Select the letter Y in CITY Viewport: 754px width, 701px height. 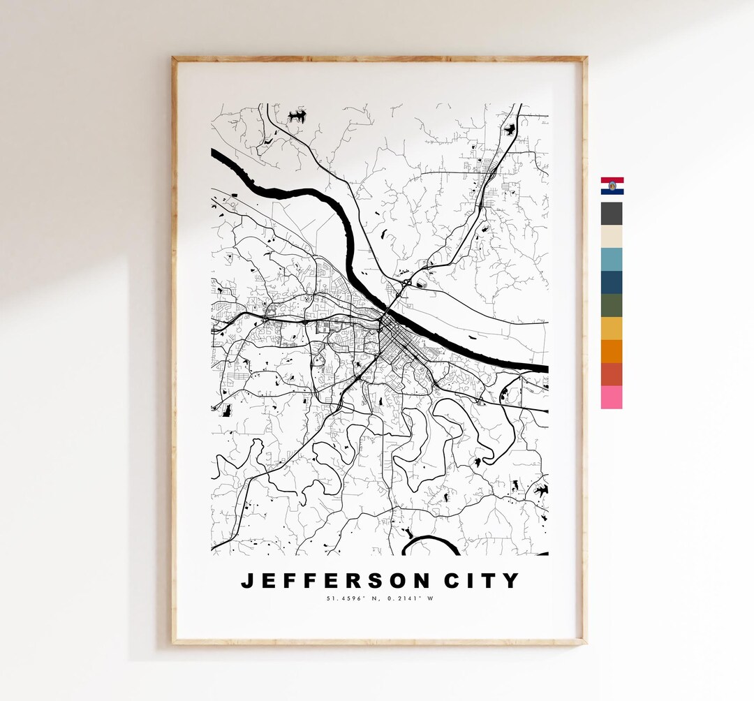point(512,581)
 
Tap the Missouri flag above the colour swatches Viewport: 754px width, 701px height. point(612,186)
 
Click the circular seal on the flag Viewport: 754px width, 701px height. point(612,186)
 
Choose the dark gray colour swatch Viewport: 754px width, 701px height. point(612,213)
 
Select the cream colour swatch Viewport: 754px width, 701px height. point(612,236)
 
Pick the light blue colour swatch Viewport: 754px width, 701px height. point(612,259)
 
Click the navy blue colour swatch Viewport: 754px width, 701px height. point(612,282)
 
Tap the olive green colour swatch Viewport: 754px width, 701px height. point(612,305)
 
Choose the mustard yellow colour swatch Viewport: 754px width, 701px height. point(612,328)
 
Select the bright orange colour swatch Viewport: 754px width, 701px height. point(612,351)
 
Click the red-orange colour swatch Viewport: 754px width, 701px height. point(612,374)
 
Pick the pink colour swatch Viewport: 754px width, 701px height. point(612,397)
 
